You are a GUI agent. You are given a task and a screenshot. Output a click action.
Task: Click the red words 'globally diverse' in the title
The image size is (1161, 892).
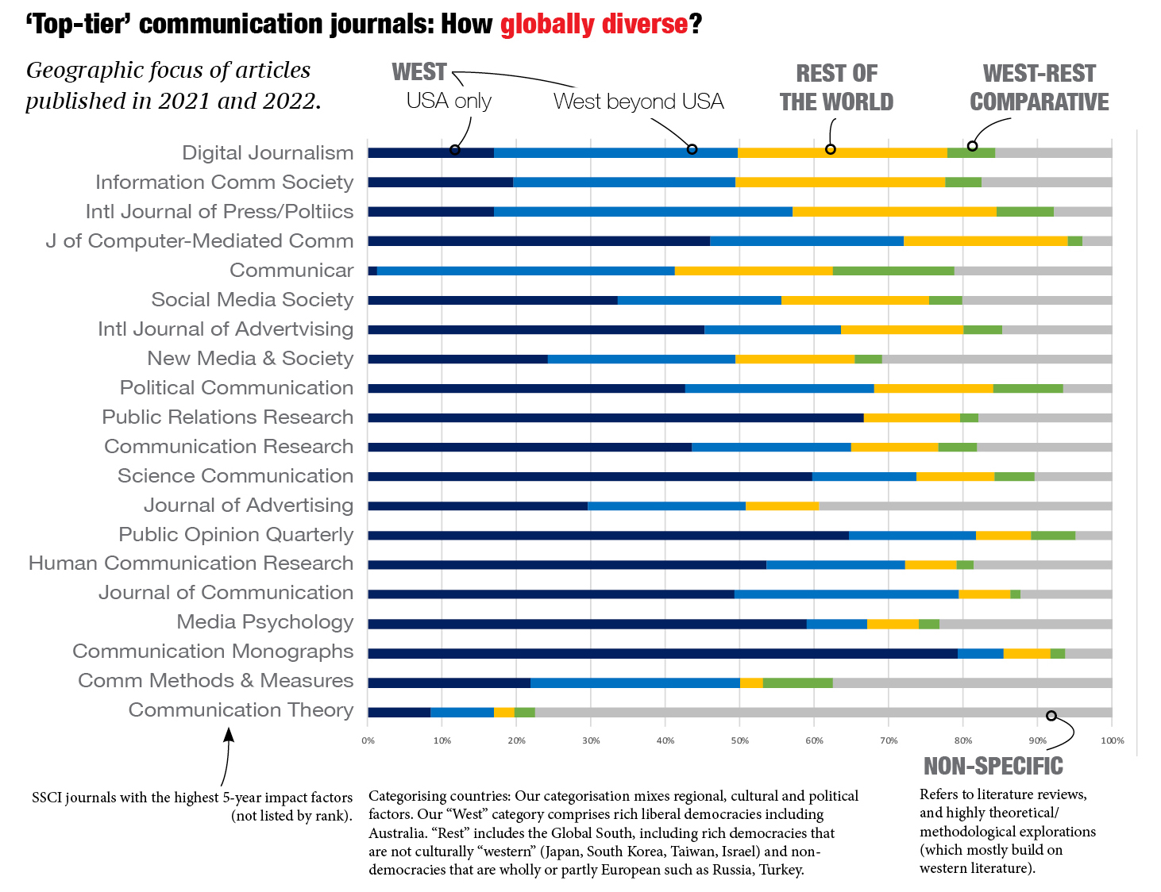pyautogui.click(x=593, y=25)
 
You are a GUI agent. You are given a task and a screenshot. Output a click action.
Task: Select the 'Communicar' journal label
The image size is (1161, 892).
pyautogui.click(x=291, y=271)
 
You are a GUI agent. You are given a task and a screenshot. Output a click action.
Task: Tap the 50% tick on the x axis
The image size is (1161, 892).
pyautogui.click(x=739, y=740)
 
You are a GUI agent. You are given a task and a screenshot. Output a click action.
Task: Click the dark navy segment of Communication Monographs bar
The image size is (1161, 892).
pyautogui.click(x=661, y=654)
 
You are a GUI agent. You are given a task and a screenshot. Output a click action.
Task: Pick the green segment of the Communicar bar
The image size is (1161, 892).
pyautogui.click(x=893, y=271)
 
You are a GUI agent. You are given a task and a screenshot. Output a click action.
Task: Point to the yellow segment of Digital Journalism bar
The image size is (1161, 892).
pyautogui.click(x=842, y=153)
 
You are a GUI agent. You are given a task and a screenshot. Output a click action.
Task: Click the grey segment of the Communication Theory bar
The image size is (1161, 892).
pyautogui.click(x=823, y=713)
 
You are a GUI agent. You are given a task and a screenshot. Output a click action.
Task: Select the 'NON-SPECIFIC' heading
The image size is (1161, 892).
pyautogui.click(x=993, y=766)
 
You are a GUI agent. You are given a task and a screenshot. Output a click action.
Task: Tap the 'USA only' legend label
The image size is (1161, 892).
pyautogui.click(x=449, y=101)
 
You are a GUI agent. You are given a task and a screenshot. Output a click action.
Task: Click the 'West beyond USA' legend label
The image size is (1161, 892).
pyautogui.click(x=638, y=102)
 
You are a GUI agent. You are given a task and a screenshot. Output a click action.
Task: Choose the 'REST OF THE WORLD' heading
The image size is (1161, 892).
pyautogui.click(x=836, y=88)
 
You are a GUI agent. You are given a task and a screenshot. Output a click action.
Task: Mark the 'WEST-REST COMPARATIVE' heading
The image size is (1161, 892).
pyautogui.click(x=1039, y=88)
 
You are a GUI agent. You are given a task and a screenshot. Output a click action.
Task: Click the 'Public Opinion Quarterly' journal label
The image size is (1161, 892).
pyautogui.click(x=236, y=535)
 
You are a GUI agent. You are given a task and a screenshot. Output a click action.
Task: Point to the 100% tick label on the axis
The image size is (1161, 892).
pyautogui.click(x=1112, y=740)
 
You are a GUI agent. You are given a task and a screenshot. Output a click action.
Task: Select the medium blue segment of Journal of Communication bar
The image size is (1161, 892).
pyautogui.click(x=846, y=594)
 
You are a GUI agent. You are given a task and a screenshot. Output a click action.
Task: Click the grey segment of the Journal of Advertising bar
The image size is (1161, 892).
pyautogui.click(x=965, y=506)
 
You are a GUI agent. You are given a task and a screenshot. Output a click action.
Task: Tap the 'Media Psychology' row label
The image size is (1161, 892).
pyautogui.click(x=264, y=622)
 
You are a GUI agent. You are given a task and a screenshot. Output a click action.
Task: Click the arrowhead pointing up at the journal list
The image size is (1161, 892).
pyautogui.click(x=229, y=734)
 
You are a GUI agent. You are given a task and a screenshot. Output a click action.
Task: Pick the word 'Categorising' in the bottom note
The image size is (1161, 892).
pyautogui.click(x=410, y=796)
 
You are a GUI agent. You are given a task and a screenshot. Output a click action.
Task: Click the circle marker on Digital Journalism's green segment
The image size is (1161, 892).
pyautogui.click(x=972, y=146)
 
